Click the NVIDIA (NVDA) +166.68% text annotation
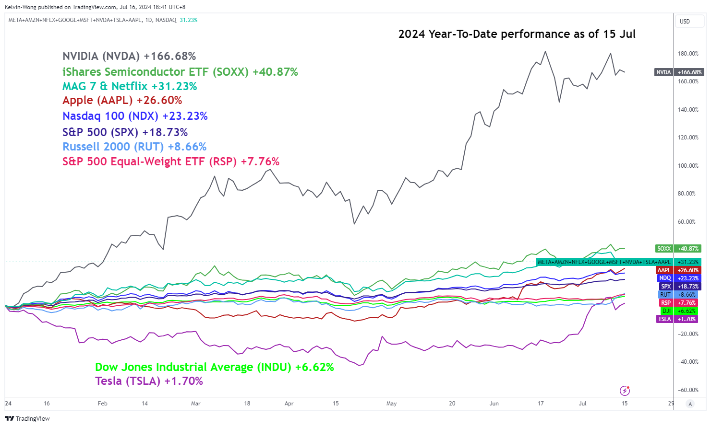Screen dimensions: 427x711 pyautogui.click(x=129, y=57)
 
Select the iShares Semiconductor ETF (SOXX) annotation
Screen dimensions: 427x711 pyautogui.click(x=180, y=72)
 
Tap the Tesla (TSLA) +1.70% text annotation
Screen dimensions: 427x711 pyautogui.click(x=149, y=381)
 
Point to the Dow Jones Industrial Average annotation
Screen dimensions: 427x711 pyautogui.click(x=214, y=367)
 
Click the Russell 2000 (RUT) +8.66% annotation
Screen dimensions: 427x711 pyautogui.click(x=134, y=147)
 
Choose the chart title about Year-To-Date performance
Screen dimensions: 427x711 pyautogui.click(x=517, y=34)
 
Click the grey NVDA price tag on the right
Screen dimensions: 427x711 pyautogui.click(x=663, y=72)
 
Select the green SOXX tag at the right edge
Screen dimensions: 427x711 pyautogui.click(x=664, y=249)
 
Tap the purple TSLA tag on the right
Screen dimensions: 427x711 pyautogui.click(x=664, y=319)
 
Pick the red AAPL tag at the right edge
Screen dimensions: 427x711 pyautogui.click(x=664, y=270)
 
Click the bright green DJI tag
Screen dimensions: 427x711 pyautogui.click(x=666, y=311)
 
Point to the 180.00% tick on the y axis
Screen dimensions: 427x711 pyautogui.click(x=688, y=54)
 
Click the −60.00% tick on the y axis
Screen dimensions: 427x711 pyautogui.click(x=688, y=390)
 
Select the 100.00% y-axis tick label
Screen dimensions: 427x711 pyautogui.click(x=688, y=166)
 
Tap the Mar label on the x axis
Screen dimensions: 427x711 pyautogui.click(x=195, y=404)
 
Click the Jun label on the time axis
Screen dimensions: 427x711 pyautogui.click(x=494, y=404)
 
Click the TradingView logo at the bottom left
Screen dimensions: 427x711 pyautogui.click(x=27, y=418)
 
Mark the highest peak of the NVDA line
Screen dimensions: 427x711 pyautogui.click(x=545, y=51)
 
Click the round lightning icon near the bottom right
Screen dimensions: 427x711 pyautogui.click(x=625, y=390)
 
